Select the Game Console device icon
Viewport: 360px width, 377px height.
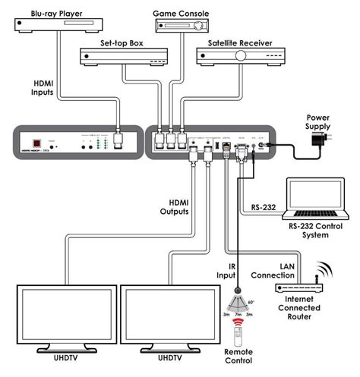[x=183, y=26]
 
